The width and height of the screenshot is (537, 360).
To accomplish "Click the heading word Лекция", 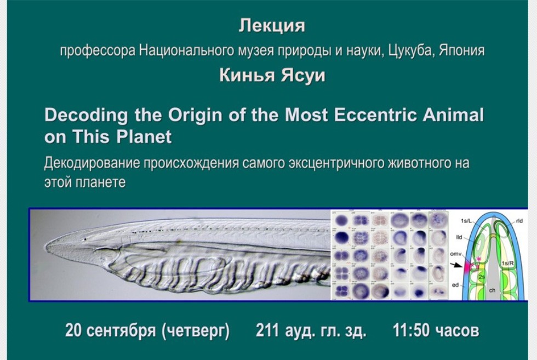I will [272, 26].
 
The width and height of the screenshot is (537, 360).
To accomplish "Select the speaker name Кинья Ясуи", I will [272, 76].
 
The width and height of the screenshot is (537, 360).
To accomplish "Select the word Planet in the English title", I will [144, 136].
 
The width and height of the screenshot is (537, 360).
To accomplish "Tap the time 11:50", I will [412, 331].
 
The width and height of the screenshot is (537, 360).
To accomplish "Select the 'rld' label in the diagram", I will [518, 221].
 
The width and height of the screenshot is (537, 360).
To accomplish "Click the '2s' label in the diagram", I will [481, 277].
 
